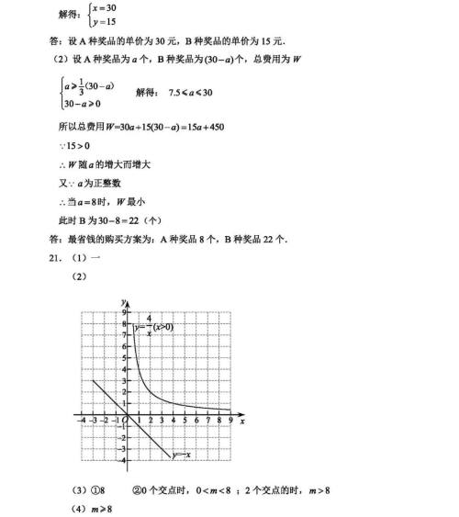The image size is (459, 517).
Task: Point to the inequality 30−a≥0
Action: [84, 105]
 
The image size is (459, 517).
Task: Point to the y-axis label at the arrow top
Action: [121, 302]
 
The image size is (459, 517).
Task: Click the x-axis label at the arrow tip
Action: [241, 422]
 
